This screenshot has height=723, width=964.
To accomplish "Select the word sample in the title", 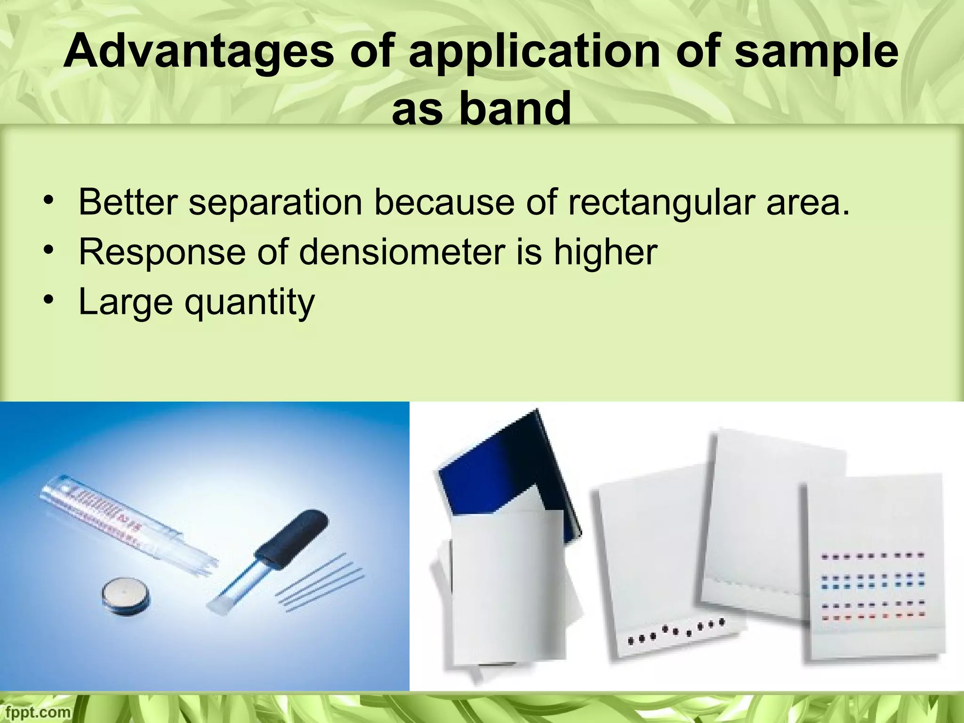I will (816, 53).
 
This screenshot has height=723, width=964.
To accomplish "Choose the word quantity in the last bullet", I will (249, 302).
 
